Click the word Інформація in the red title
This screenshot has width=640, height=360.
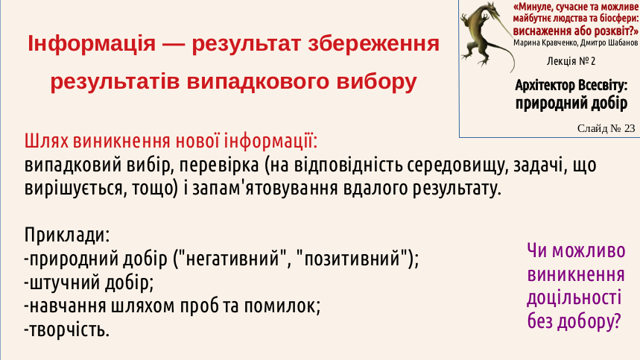point(92,44)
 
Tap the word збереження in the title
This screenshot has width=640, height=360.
point(373,44)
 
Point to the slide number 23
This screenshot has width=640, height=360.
point(630,128)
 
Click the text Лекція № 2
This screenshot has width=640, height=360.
point(571,61)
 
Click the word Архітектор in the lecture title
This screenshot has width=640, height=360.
point(545,85)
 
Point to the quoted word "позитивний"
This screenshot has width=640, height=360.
point(352,259)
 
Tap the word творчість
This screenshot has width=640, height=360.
point(69,329)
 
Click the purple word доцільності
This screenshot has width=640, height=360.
point(574,298)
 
